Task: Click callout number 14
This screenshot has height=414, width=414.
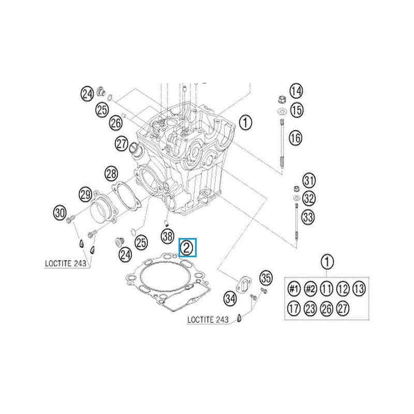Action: [295, 92]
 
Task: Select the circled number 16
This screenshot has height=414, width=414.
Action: [295, 138]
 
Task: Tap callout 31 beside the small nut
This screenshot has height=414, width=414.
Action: [309, 181]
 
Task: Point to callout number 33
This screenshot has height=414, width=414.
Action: [308, 217]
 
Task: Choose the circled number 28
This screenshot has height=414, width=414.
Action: [111, 173]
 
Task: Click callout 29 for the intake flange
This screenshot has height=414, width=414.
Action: [86, 195]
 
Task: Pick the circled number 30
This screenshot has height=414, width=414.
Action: [60, 212]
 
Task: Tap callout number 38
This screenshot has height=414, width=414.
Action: [167, 237]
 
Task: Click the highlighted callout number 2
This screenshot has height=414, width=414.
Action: [187, 248]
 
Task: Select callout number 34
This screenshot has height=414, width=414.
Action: [230, 299]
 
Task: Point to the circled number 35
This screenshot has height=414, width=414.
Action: [266, 278]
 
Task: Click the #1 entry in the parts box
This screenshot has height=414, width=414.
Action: [294, 288]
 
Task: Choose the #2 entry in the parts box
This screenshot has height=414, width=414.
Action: [310, 288]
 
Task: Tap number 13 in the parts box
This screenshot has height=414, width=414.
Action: [359, 288]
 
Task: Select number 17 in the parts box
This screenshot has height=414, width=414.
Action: [294, 309]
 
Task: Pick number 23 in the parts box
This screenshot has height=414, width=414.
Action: [310, 309]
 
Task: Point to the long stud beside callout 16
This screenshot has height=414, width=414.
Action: [283, 142]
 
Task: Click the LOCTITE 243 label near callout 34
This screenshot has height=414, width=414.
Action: [208, 320]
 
